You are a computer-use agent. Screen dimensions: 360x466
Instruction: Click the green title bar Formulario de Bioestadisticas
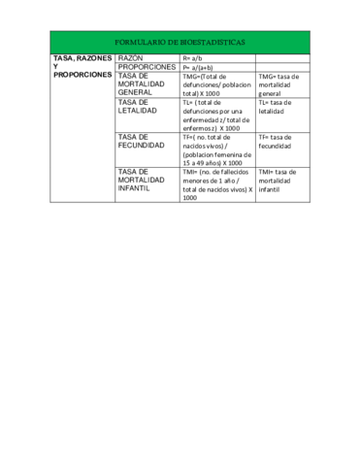click(x=180, y=43)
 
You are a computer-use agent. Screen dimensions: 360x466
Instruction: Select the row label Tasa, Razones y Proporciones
click(x=82, y=67)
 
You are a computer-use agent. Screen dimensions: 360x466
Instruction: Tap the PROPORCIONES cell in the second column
click(x=147, y=67)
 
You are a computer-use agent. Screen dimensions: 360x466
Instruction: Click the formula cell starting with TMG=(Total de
click(x=215, y=84)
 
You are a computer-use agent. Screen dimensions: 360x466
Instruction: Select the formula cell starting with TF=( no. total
click(x=215, y=150)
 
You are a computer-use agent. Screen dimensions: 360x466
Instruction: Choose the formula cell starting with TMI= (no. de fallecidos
click(x=215, y=184)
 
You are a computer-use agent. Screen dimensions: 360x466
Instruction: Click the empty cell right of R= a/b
click(x=281, y=58)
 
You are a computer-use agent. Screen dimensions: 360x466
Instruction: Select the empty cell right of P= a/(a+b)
click(x=281, y=67)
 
